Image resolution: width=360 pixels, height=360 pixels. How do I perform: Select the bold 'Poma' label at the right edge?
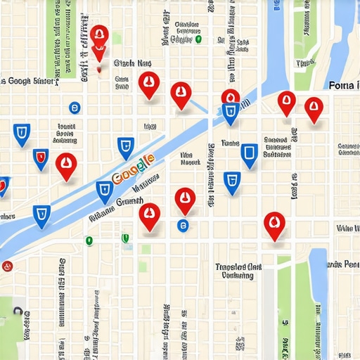click(x=344, y=85)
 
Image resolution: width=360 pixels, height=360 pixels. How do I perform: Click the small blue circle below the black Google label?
click(x=74, y=108)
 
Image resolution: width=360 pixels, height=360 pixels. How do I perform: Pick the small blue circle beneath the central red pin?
click(x=183, y=226)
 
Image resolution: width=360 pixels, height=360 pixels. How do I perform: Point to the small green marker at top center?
click(x=198, y=39)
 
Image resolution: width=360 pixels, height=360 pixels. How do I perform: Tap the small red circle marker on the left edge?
click(x=8, y=266)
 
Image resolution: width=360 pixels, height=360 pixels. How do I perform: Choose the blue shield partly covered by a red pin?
click(x=231, y=112)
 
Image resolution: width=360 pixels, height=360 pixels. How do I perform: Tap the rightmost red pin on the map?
click(x=314, y=109)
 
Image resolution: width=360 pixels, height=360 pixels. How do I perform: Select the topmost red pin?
click(x=99, y=35)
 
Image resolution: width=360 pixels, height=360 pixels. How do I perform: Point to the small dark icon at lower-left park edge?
click(x=18, y=311)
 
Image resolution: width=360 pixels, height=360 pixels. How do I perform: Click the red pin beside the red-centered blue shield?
click(x=66, y=165)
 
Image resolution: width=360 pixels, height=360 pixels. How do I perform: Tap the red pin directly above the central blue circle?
click(x=185, y=200)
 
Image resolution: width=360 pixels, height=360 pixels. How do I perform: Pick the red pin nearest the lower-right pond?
click(x=274, y=225)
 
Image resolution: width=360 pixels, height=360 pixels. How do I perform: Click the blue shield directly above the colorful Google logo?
click(x=125, y=146)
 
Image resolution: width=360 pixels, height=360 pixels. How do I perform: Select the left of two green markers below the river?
click(x=89, y=240)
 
